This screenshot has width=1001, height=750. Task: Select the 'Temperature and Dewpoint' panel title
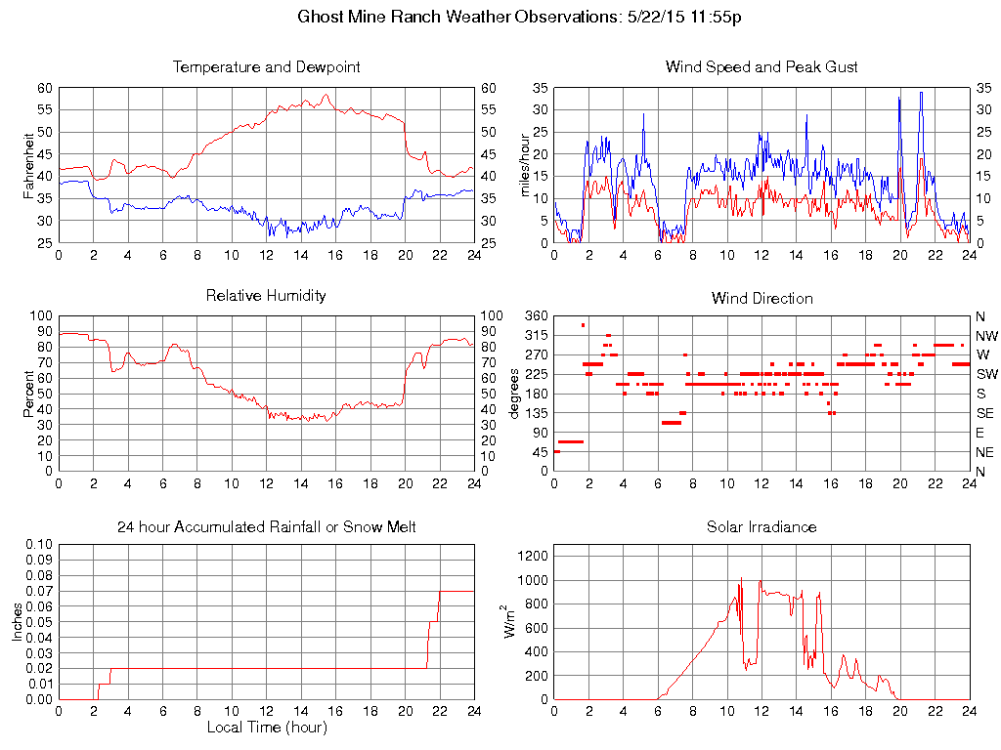266,67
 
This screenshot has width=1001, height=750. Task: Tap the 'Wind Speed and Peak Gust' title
762,67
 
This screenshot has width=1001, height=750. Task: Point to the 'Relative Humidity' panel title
266,295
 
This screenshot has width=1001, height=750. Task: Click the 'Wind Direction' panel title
762,298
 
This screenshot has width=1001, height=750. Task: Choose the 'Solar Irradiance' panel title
762,527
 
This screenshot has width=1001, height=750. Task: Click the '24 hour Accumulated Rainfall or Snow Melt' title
266,527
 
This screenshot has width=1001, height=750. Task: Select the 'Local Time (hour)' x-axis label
266,728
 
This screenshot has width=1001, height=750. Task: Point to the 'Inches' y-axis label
17,621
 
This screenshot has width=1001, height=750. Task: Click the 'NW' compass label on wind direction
984,336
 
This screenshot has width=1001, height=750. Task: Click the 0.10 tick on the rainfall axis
39,544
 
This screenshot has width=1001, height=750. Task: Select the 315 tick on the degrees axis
536,336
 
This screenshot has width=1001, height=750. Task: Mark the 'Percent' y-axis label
29,393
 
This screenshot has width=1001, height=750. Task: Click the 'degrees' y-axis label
515,393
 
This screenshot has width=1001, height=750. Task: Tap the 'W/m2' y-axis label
510,621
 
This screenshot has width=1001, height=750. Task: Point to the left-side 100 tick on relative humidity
41,316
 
